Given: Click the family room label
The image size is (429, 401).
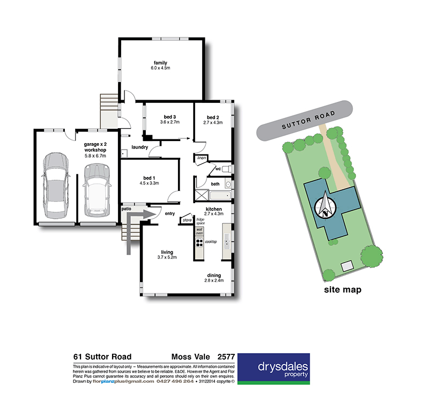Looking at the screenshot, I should point(161,62).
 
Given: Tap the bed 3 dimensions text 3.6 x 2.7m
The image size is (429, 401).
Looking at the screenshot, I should point(169,122).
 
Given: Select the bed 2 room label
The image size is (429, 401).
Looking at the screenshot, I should point(213,117).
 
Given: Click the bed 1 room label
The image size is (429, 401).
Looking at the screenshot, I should point(149,177).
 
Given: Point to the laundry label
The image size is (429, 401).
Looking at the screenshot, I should point(139,147).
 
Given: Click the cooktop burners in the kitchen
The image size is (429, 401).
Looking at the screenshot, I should point(199,242).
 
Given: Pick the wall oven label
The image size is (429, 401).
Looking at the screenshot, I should point(199,231).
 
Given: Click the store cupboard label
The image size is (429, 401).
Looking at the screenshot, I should point(187,220).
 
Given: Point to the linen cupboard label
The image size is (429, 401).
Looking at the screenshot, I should point(202,158).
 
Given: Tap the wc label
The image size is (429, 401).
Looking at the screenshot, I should point(218,169).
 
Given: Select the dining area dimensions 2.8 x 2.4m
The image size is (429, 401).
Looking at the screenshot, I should point(213,280).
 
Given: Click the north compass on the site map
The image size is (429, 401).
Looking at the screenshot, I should point(327,205).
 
